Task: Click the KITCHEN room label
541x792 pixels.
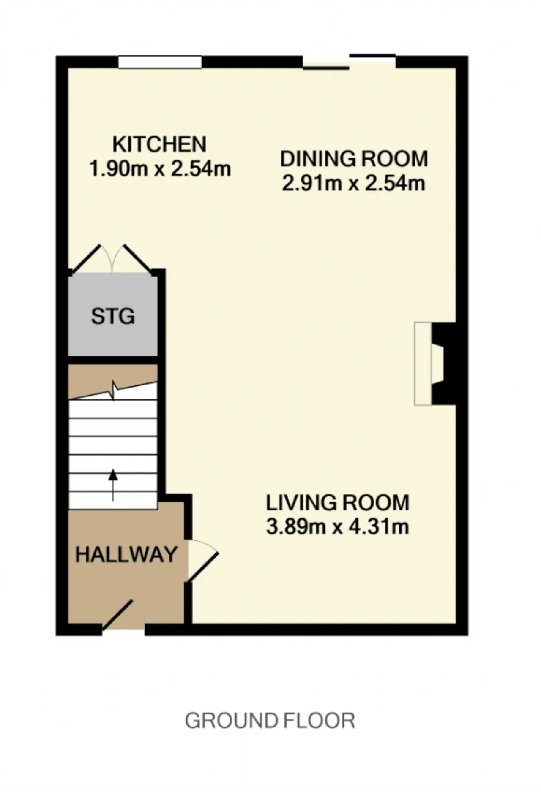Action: point(159,144)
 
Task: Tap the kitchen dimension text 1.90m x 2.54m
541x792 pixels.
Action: point(160,169)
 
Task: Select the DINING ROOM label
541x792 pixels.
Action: point(354,159)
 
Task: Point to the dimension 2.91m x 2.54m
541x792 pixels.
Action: point(353,184)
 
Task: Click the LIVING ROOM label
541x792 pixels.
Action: point(338,503)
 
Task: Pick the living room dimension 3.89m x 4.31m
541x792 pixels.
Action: point(338,527)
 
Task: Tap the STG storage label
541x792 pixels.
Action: point(113,316)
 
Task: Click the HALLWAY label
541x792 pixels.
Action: point(126,554)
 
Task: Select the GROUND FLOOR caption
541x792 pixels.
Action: point(270,720)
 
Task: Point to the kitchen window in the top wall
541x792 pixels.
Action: point(160,62)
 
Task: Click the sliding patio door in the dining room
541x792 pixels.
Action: point(350,62)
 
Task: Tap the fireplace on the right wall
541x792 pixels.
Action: point(435,364)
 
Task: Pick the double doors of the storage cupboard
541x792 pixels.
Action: point(112,258)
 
